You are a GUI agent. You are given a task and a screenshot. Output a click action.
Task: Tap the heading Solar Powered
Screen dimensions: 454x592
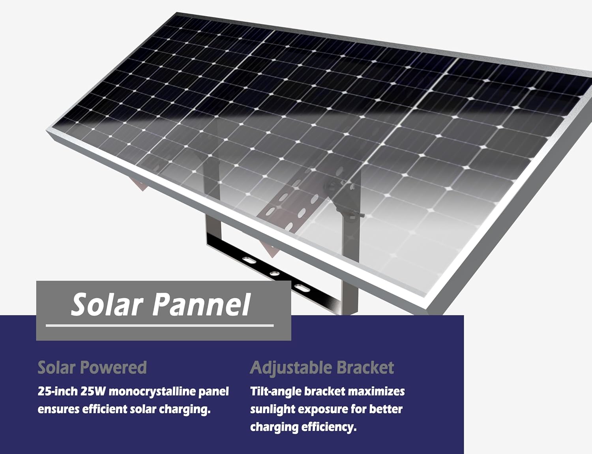(92, 368)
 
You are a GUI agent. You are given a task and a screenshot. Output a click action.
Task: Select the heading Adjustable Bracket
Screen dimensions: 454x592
(322, 368)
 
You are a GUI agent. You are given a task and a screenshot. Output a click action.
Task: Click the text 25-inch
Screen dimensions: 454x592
(57, 392)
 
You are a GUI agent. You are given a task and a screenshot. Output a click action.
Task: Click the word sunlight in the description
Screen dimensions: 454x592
(272, 409)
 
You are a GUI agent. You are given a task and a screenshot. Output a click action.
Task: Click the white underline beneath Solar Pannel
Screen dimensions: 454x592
(159, 326)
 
